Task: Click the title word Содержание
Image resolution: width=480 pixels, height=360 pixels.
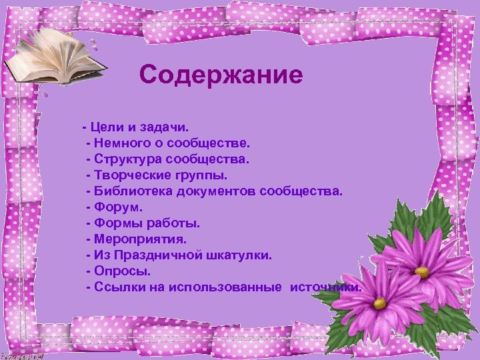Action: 221,75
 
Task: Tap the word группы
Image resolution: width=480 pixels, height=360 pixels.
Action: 201,175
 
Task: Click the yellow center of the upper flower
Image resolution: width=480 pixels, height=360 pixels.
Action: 422,271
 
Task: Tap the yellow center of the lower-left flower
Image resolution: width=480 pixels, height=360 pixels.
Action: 379,303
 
